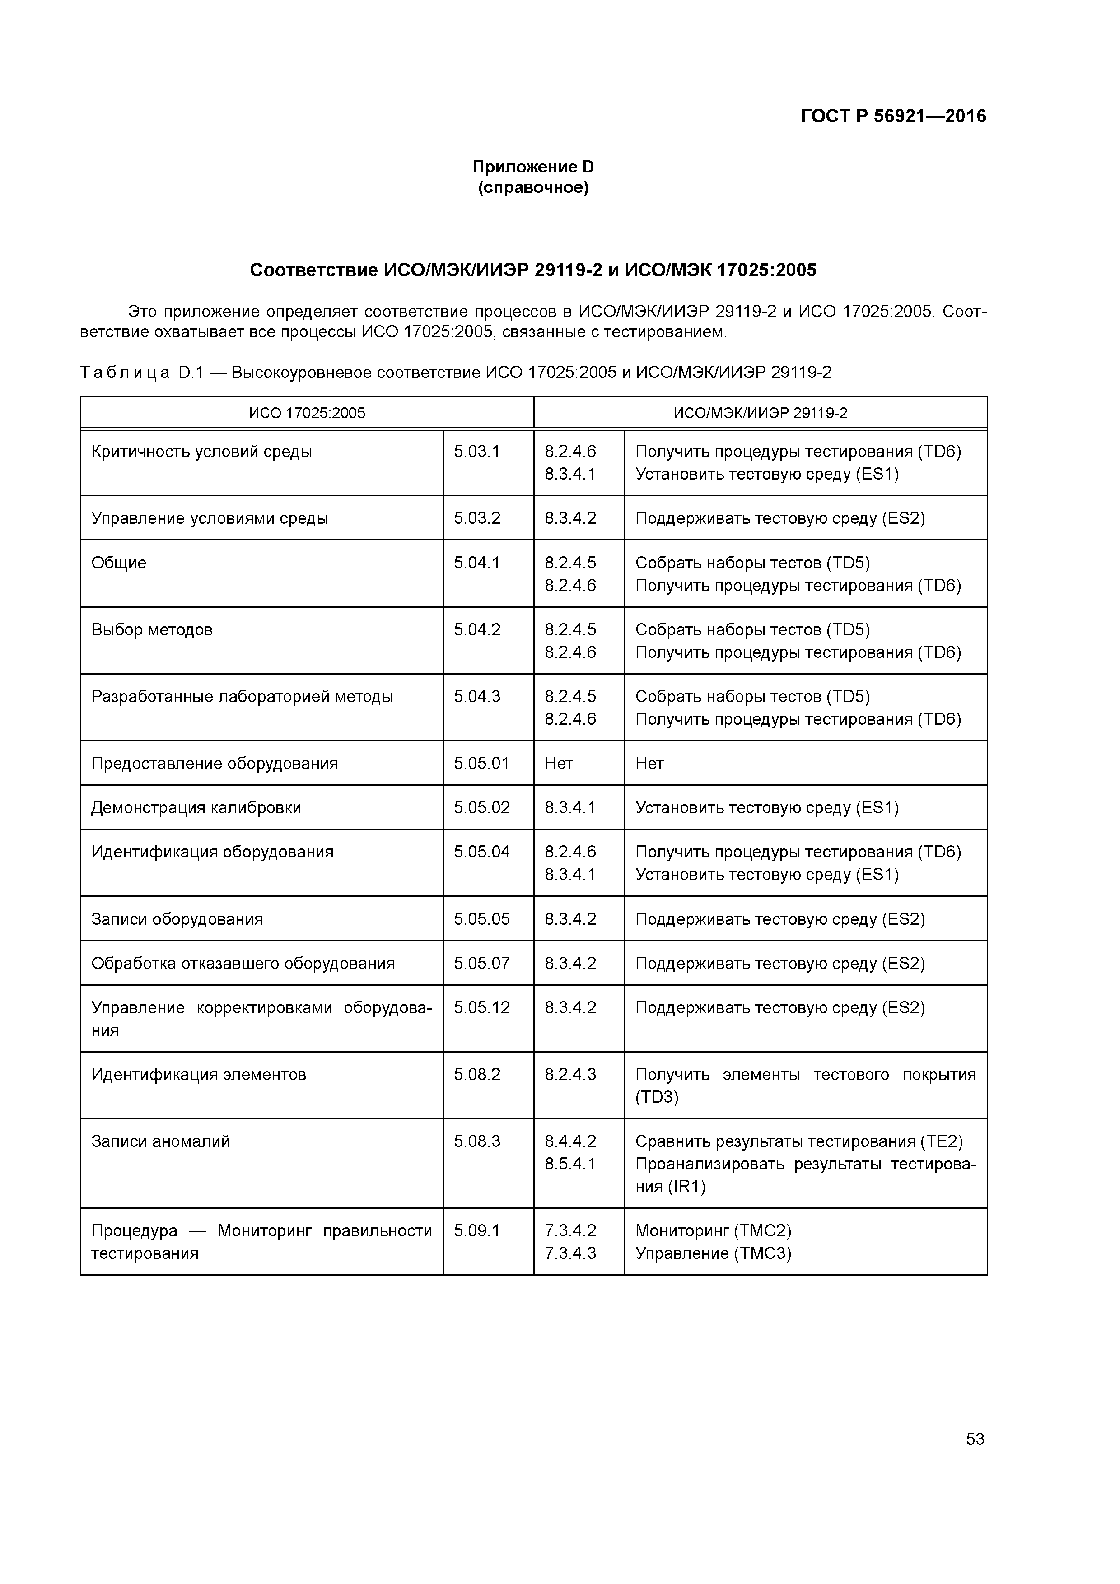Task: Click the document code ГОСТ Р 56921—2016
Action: click(x=893, y=116)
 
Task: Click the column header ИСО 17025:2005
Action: click(x=307, y=413)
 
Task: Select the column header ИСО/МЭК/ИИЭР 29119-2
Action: click(x=760, y=413)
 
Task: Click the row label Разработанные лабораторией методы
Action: click(x=242, y=697)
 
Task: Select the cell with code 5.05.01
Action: click(x=481, y=764)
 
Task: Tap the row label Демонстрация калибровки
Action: click(x=196, y=808)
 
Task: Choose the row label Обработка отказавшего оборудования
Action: click(x=243, y=964)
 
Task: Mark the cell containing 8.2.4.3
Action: click(x=570, y=1075)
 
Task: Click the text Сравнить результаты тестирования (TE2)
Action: click(x=798, y=1142)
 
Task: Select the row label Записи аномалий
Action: click(x=160, y=1142)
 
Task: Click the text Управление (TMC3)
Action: click(x=713, y=1253)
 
